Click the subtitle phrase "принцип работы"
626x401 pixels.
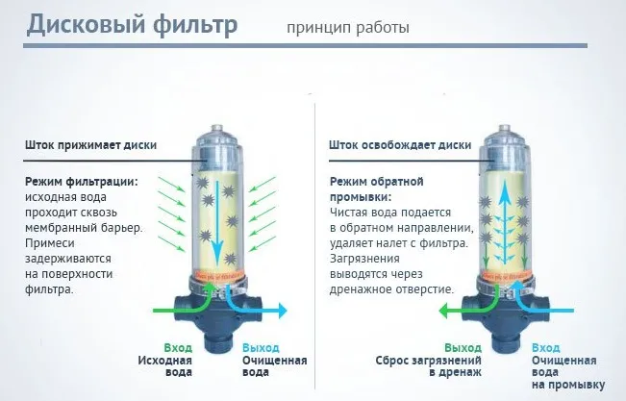(x=347, y=27)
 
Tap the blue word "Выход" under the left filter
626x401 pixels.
(x=261, y=347)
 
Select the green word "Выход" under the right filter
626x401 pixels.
(x=462, y=347)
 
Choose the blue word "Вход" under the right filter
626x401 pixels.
(x=545, y=347)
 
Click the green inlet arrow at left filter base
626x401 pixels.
(x=173, y=310)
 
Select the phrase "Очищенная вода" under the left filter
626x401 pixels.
(x=275, y=366)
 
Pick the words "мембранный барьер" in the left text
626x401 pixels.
(x=81, y=227)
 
